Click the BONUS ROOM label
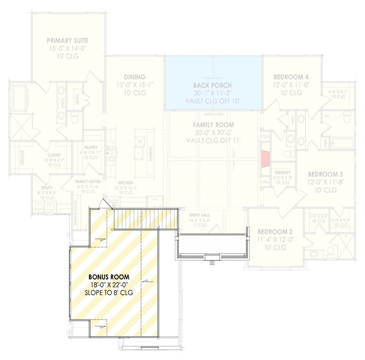pyautogui.click(x=109, y=277)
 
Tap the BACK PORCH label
pyautogui.click(x=212, y=85)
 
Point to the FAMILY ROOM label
pyautogui.click(x=214, y=125)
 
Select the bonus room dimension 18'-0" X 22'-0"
pyautogui.click(x=109, y=285)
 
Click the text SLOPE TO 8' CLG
pyautogui.click(x=109, y=293)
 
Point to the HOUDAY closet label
pyautogui.click(x=282, y=172)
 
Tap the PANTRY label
pyautogui.click(x=91, y=147)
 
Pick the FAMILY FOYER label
pyautogui.click(x=88, y=181)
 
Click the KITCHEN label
pyautogui.click(x=125, y=183)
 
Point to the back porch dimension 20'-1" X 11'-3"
pyautogui.click(x=212, y=93)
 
